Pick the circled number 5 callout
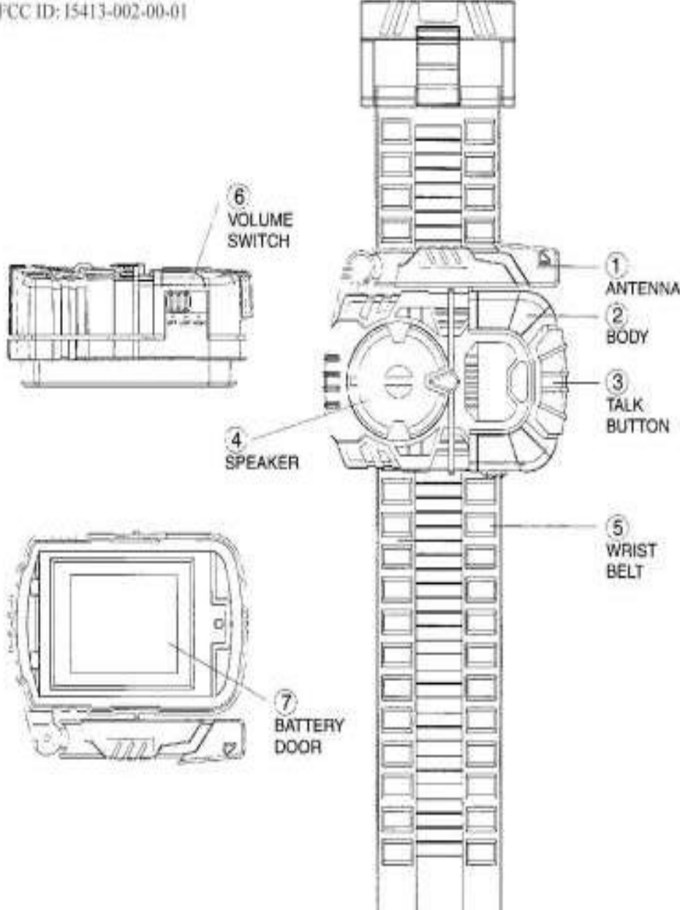619,527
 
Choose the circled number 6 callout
236,196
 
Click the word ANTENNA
643,287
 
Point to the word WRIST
624,550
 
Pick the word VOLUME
249,220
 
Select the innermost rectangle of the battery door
124,623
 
